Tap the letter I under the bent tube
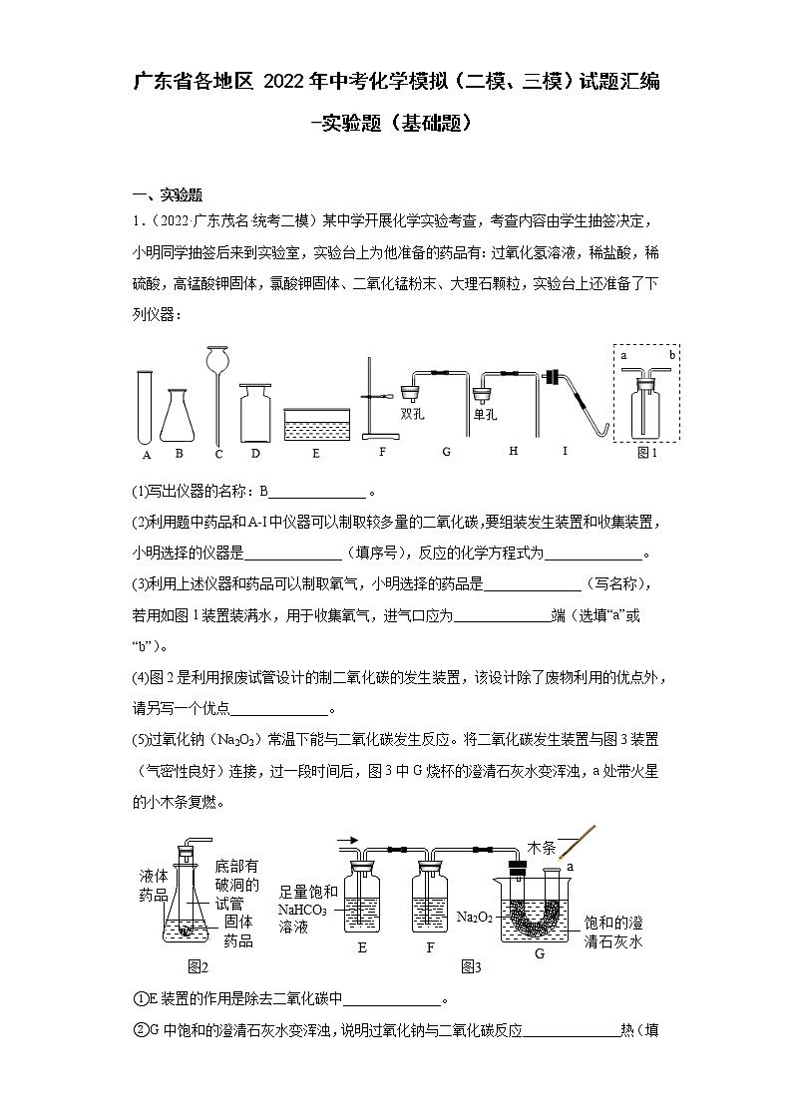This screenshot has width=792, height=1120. coord(565,451)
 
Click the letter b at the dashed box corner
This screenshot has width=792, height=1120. coord(673,354)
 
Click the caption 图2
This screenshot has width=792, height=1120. coord(198,966)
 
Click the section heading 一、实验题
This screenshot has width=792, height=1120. coord(168,194)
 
